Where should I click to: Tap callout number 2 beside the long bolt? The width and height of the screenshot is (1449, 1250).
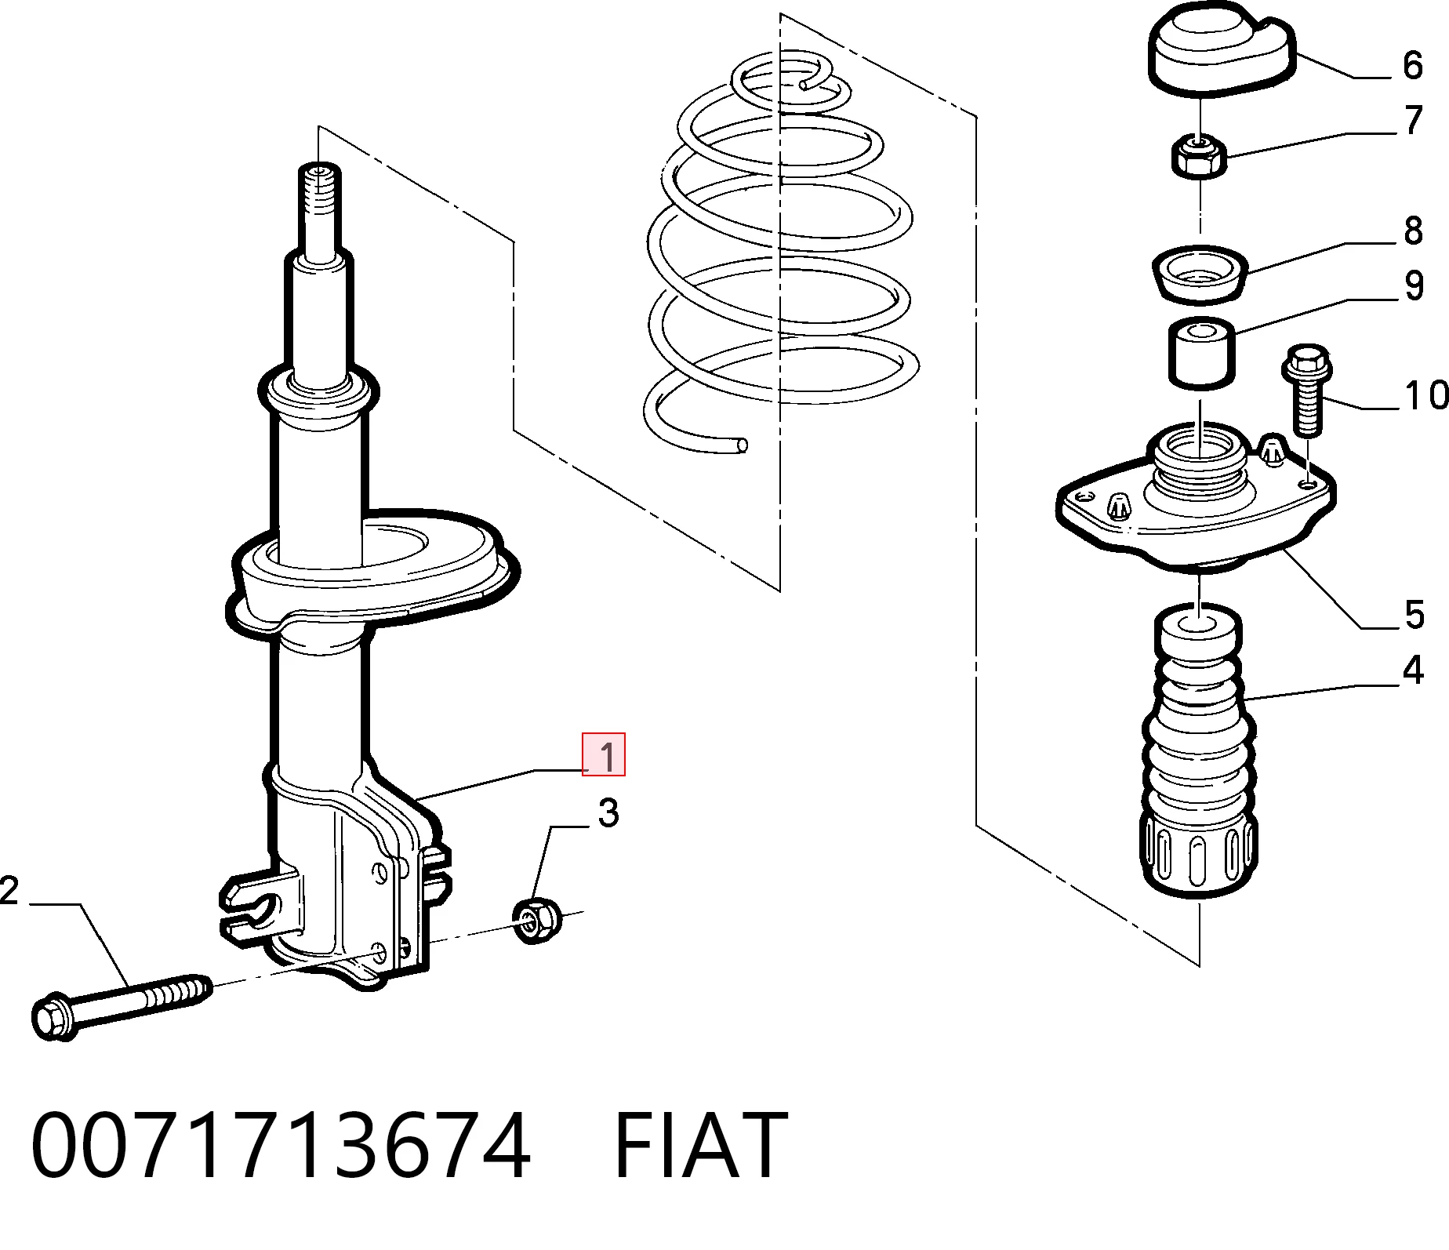pyautogui.click(x=9, y=892)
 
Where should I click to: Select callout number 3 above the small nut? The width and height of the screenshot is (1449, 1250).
pyautogui.click(x=608, y=813)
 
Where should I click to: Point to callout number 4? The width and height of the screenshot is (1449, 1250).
pyautogui.click(x=1412, y=670)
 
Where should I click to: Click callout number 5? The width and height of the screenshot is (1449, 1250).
pyautogui.click(x=1414, y=614)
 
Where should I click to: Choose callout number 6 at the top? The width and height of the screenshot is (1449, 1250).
pyautogui.click(x=1412, y=65)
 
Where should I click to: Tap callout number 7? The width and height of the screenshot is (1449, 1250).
pyautogui.click(x=1414, y=120)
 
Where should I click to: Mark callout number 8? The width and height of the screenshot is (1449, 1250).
pyautogui.click(x=1413, y=231)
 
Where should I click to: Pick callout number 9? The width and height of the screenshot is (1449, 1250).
pyautogui.click(x=1414, y=285)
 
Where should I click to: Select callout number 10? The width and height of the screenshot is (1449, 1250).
pyautogui.click(x=1425, y=395)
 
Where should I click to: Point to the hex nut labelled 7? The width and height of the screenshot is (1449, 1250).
pyautogui.click(x=1199, y=157)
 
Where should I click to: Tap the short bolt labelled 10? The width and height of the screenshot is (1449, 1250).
pyautogui.click(x=1305, y=392)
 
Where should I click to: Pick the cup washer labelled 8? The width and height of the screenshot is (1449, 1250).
pyautogui.click(x=1200, y=274)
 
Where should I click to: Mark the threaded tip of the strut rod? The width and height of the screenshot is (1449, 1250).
pyautogui.click(x=319, y=203)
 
